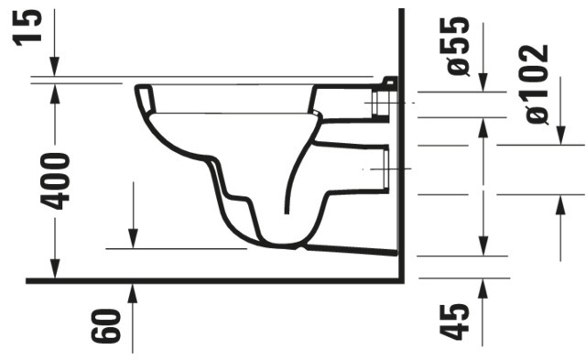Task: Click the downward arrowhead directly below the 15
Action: coord(55,70)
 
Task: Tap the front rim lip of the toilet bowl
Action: coord(143,93)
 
